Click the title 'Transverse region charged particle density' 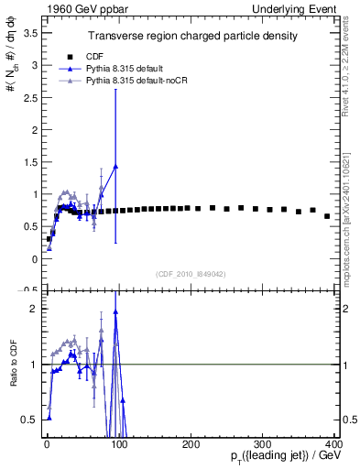[x=191, y=37]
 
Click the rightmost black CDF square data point [x=327, y=216]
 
